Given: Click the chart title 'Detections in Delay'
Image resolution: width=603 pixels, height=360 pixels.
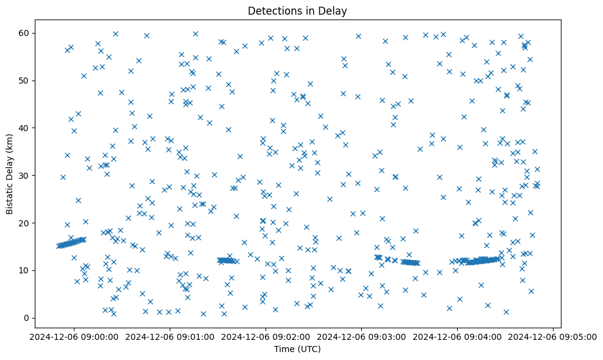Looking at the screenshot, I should [297, 11].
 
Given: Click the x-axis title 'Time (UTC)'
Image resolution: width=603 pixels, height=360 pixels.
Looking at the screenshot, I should [297, 350].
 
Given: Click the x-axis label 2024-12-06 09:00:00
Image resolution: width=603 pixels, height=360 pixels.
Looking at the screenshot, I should [73, 337].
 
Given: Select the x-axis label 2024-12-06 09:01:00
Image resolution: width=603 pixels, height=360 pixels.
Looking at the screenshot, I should [170, 337].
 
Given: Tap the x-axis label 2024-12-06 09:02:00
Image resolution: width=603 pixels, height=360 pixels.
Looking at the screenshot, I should [265, 337].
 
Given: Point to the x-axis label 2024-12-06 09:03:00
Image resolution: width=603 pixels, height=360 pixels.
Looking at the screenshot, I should [361, 337].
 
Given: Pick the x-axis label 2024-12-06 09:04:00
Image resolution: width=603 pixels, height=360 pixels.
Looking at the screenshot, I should [457, 337].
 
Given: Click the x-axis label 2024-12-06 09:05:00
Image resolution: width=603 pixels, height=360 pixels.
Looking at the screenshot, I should [553, 337].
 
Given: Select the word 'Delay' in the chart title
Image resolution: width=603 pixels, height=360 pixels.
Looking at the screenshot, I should [334, 11].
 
